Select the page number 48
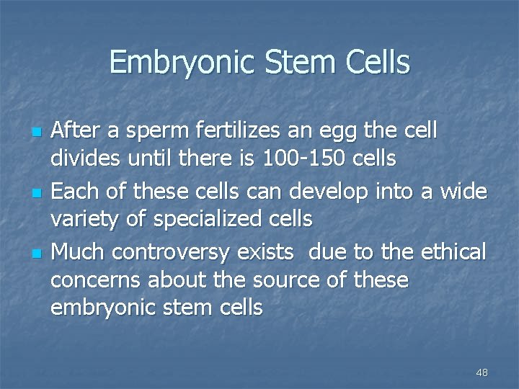(482, 372)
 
